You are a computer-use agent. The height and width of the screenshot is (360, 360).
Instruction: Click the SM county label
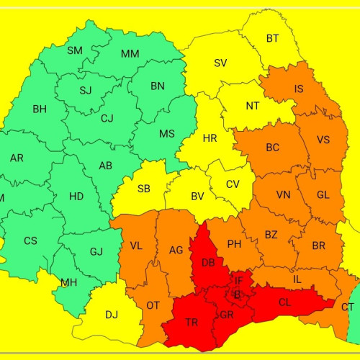tap(75, 50)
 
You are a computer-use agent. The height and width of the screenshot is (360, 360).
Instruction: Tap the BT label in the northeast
tap(273, 38)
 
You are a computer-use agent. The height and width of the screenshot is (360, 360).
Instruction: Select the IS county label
tap(299, 89)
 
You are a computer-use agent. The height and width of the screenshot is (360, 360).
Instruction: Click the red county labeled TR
tap(192, 323)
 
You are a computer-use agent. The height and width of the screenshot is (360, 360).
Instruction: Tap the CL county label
tap(285, 302)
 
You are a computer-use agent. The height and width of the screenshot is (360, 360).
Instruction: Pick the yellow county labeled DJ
tap(112, 315)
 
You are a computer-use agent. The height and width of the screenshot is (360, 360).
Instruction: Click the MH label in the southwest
tap(69, 282)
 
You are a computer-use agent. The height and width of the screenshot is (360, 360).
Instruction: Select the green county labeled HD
tap(76, 196)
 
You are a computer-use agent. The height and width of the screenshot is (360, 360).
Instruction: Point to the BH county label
tap(39, 109)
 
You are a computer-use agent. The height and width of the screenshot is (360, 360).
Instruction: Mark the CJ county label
tap(107, 118)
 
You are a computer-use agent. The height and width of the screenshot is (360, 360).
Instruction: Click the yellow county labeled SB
tap(143, 189)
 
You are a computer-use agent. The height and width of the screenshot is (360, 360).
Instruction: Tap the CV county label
tap(233, 184)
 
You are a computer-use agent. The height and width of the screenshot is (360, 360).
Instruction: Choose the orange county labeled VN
tap(284, 195)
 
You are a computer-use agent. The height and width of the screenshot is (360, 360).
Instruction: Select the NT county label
tap(253, 106)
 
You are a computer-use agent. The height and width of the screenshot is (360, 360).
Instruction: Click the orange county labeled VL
tap(135, 246)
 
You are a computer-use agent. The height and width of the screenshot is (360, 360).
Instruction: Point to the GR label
tap(227, 315)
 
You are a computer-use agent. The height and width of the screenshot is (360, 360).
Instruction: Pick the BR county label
tap(319, 246)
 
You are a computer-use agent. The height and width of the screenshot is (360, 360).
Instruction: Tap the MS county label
tap(167, 134)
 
